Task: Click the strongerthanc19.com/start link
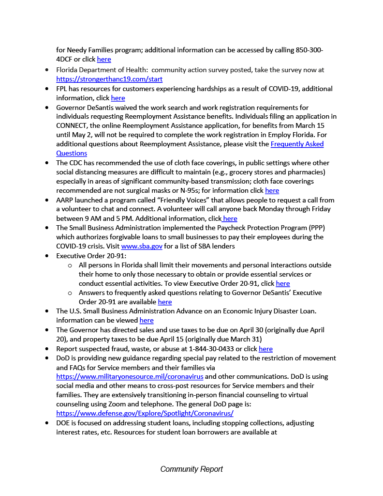[109, 79]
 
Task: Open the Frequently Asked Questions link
[297, 144]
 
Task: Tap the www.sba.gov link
[142, 246]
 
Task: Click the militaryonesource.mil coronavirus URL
[130, 376]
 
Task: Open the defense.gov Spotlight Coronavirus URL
[145, 413]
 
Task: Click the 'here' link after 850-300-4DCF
[104, 60]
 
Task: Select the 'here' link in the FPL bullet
[118, 98]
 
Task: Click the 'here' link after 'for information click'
[272, 191]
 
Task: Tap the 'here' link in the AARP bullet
[230, 218]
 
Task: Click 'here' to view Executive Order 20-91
[283, 283]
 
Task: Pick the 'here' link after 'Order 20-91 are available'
[165, 302]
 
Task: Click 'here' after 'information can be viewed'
[147, 321]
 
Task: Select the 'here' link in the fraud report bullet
[265, 349]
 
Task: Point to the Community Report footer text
[191, 469]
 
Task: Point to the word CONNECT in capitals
[72, 126]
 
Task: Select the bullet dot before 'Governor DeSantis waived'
[47, 108]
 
